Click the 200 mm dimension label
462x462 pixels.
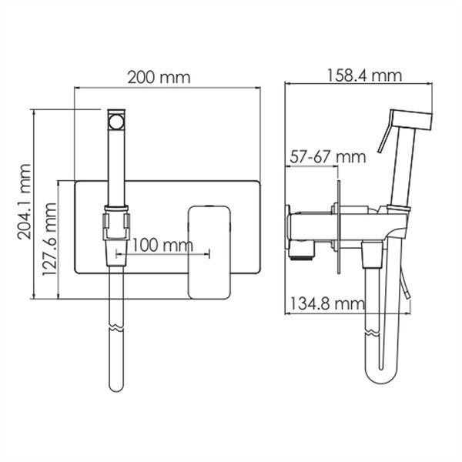(159, 77)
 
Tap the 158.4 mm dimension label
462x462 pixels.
(364, 75)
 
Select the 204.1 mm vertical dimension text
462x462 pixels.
(24, 202)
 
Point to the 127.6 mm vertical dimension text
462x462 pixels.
(49, 239)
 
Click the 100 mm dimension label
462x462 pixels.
(162, 245)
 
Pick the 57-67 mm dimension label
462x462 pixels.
(328, 157)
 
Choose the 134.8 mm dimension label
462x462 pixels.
(328, 303)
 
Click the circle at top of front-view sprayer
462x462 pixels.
(116, 122)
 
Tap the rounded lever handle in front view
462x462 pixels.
(209, 253)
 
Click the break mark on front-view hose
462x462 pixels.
(116, 329)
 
